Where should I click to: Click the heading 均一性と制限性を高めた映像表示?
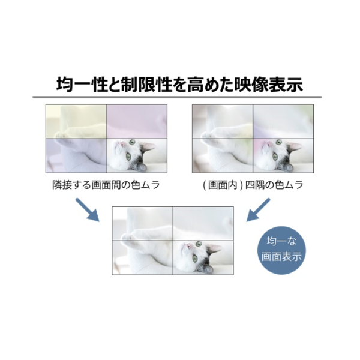pos(179,84)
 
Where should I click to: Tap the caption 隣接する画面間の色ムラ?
pos(106,185)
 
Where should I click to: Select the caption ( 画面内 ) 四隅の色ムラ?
pos(253,185)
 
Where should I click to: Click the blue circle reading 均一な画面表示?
pos(281,250)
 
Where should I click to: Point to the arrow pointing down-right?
pos(88,210)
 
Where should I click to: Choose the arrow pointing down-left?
pos(258,210)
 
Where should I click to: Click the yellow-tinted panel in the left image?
pos(76,122)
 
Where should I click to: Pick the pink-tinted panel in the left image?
pos(137,122)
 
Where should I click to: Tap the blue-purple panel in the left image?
pos(76,155)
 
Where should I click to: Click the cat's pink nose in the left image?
pos(121,144)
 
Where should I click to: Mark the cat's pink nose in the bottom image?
pos(188,246)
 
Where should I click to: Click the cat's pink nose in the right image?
pos(268,144)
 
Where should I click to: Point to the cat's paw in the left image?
pos(59,135)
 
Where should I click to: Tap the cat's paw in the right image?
pos(206,135)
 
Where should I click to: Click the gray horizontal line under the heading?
pos(177,97)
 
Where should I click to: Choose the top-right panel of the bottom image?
pos(203,224)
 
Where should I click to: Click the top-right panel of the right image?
pos(283,122)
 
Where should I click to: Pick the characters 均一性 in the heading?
pos(82,84)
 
